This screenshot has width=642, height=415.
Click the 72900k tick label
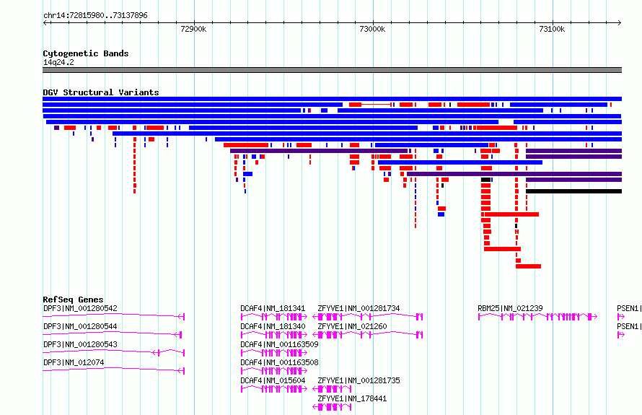pos(193,29)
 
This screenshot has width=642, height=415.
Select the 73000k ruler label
pos(372,29)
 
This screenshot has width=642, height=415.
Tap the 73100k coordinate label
pos(552,29)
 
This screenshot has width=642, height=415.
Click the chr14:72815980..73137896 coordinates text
pos(95,16)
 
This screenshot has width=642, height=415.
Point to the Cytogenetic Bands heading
pos(86,53)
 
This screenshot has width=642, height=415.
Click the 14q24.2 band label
pos(58,62)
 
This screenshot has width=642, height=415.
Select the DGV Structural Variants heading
pos(101,92)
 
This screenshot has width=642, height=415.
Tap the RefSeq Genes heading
pos(74,300)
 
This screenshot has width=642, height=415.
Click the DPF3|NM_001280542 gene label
pos(80,308)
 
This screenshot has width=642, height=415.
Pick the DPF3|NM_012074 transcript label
pos(74,362)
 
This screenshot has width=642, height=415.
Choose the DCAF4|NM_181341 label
pos(273,308)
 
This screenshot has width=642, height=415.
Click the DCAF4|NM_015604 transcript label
pos(273,380)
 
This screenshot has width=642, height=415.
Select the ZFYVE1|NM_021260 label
pos(352,326)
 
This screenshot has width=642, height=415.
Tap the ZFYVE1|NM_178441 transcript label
pos(352,398)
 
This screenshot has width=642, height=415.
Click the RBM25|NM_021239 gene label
pos(510,308)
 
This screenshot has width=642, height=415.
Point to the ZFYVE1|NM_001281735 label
pos(359,380)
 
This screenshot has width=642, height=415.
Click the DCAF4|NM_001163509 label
pos(279,344)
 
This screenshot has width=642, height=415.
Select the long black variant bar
pos(573,191)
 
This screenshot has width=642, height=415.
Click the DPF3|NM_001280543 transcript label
pos(80,344)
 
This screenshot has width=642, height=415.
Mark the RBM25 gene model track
pos(537,317)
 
